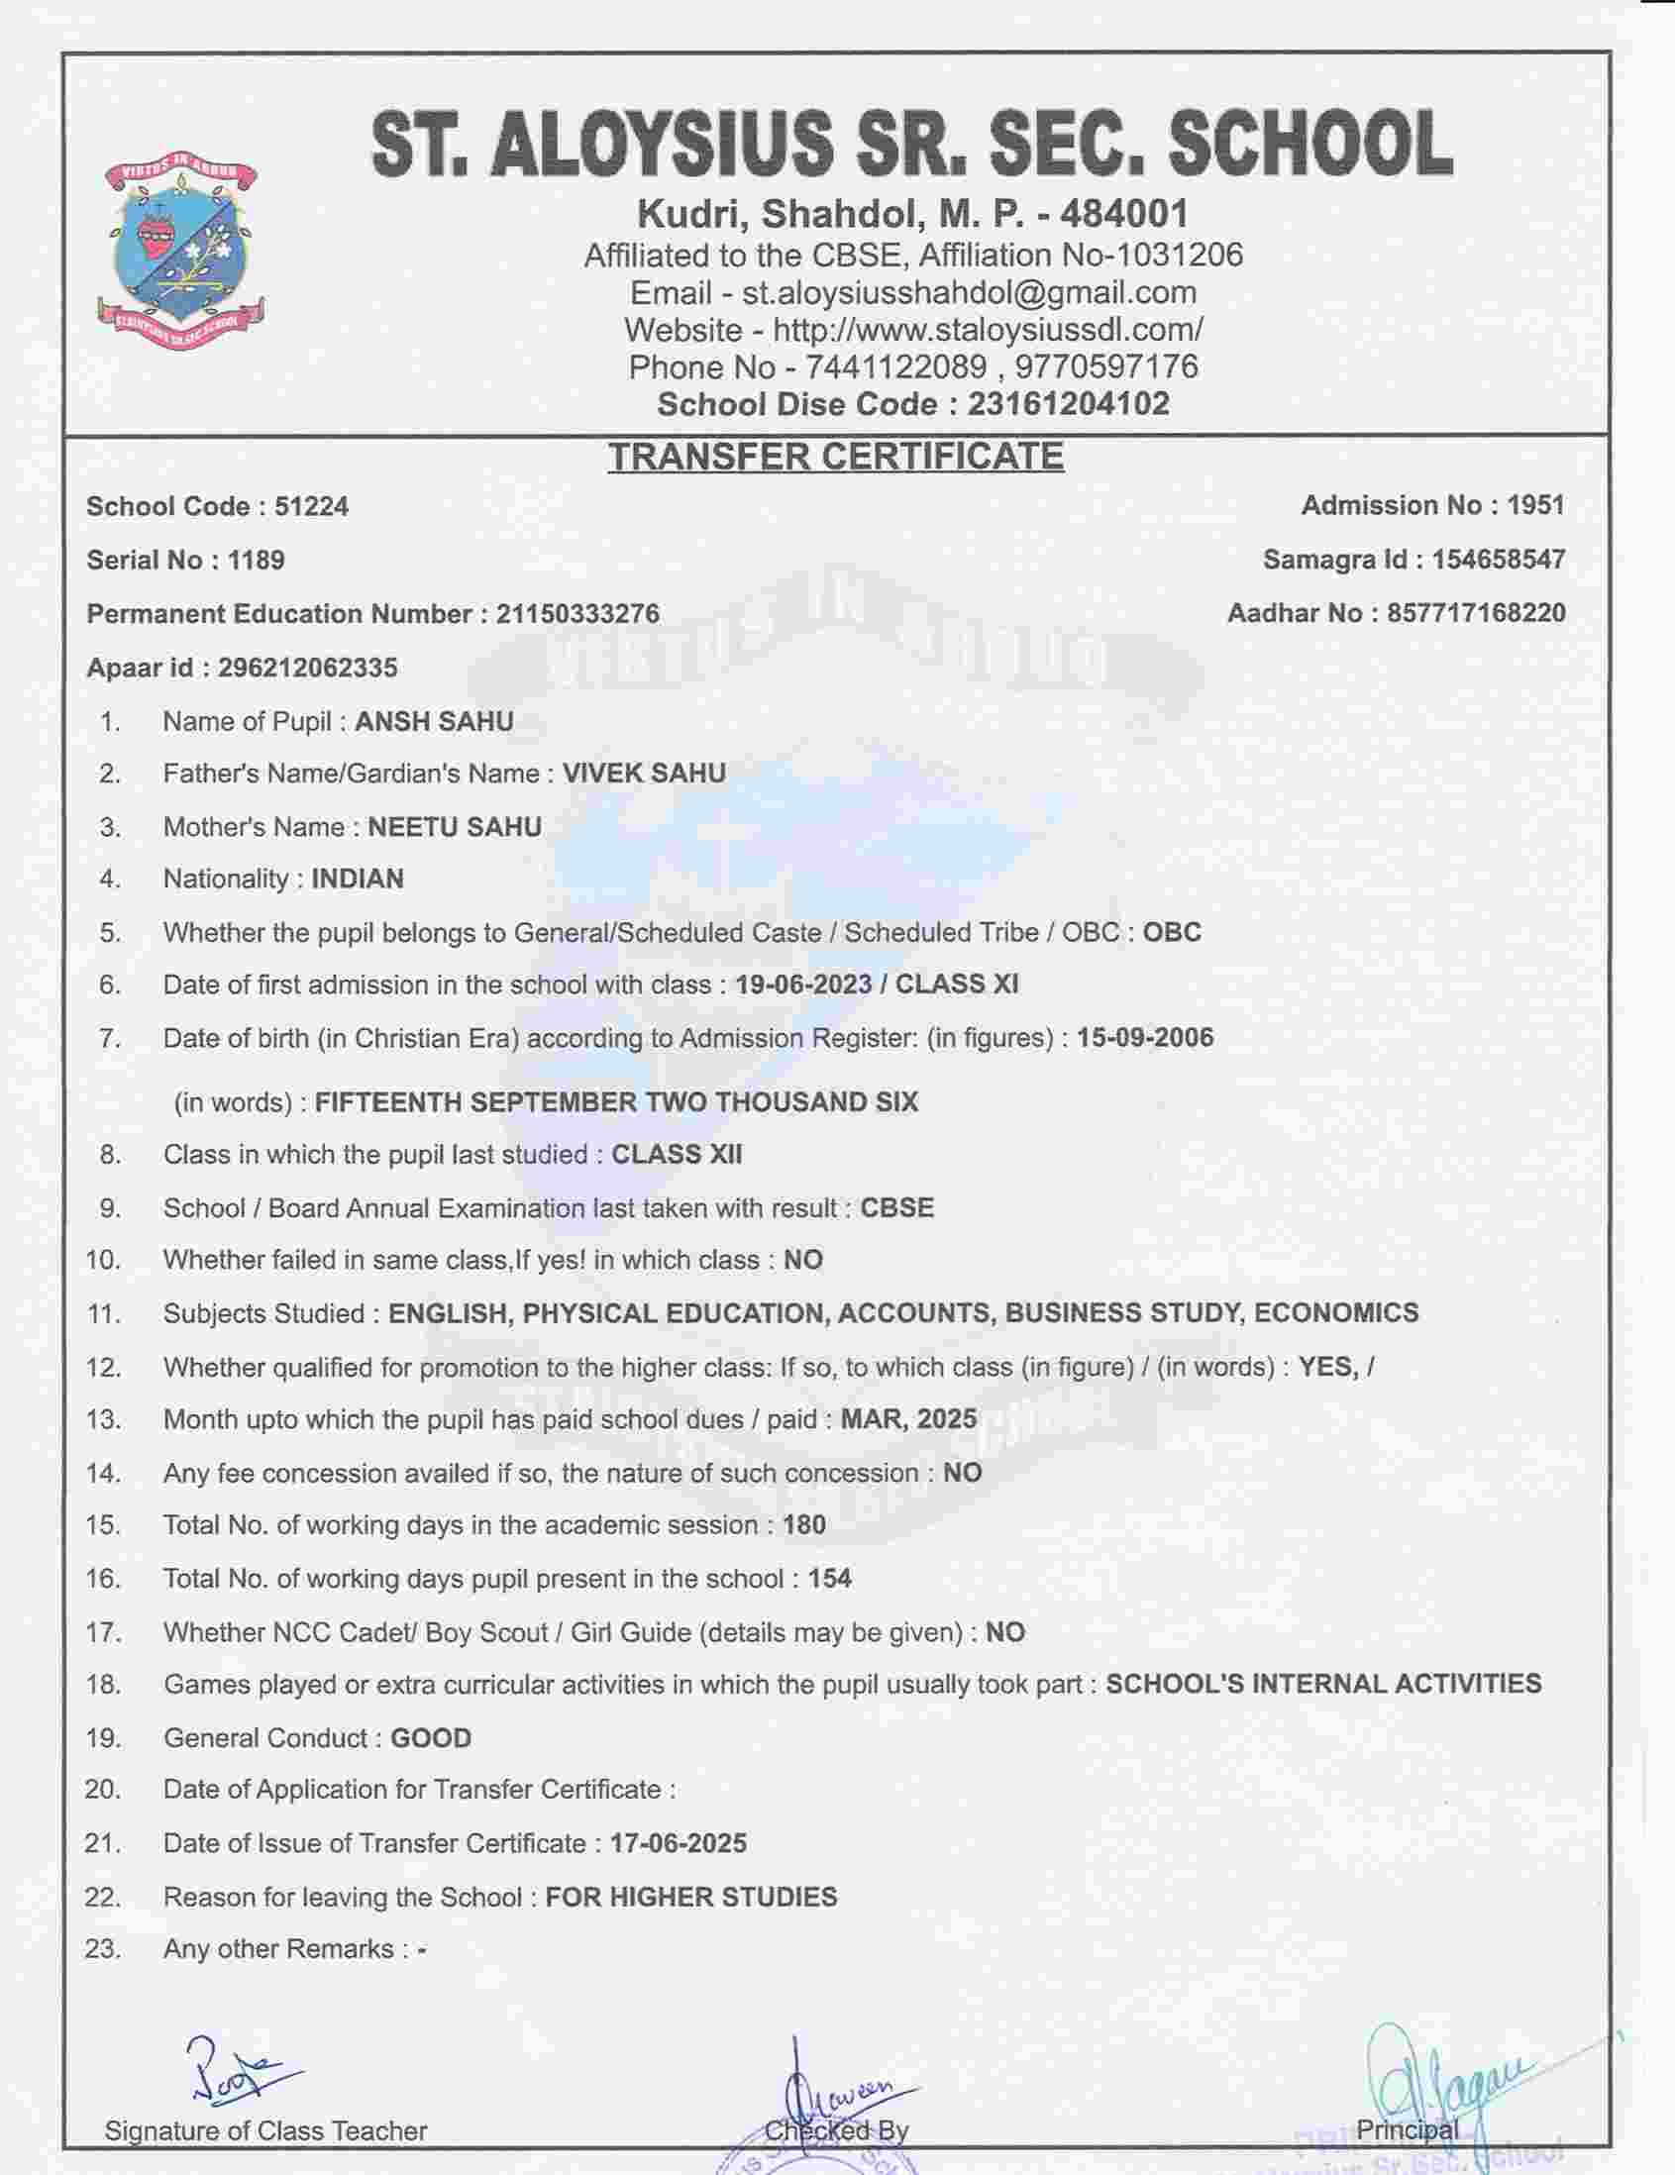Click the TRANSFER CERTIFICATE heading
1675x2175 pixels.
tap(835, 457)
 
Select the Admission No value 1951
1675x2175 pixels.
tap(1535, 506)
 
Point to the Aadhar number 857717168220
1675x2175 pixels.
tap(1476, 613)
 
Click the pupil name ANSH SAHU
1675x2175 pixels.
tap(434, 721)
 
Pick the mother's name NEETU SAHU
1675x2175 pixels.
tap(455, 828)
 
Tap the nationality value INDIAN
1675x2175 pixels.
tap(358, 880)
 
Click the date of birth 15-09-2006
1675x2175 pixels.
tap(1145, 1038)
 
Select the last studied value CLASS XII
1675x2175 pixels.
tap(677, 1154)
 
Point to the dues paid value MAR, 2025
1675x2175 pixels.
tap(908, 1419)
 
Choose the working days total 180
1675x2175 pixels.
tap(804, 1524)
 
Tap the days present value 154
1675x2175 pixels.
tap(829, 1579)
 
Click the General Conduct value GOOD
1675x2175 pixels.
tap(430, 1738)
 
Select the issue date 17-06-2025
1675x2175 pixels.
tap(679, 1843)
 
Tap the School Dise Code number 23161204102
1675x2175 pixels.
tap(1069, 404)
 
